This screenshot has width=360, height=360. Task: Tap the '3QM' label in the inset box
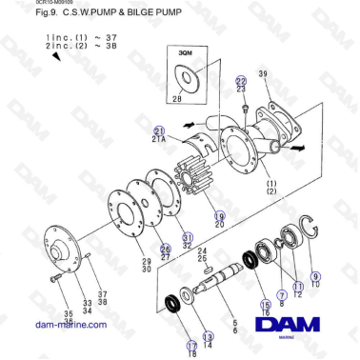(x=185, y=55)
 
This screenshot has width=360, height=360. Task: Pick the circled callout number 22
(x=241, y=81)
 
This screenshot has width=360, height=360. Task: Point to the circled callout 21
(x=160, y=130)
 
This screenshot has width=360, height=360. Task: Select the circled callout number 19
(x=219, y=216)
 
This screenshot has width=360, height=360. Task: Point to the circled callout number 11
(x=297, y=286)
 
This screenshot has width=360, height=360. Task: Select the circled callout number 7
(x=281, y=294)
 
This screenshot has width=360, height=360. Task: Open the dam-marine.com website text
(x=70, y=325)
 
